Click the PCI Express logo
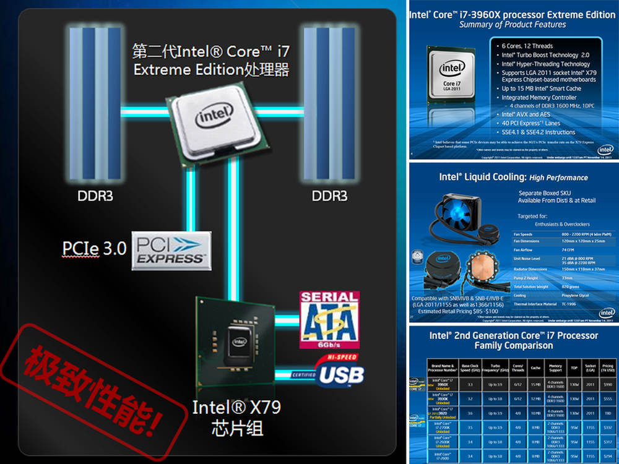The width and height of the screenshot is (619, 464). tap(171, 251)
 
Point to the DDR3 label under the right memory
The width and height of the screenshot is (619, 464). tap(330, 197)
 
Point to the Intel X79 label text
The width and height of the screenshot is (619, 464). tap(236, 408)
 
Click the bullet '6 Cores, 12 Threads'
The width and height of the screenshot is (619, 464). tap(526, 46)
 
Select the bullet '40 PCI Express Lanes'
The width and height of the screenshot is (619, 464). tap(530, 123)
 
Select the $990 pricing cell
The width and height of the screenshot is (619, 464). tap(608, 384)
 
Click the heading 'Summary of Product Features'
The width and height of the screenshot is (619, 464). tap(513, 25)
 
